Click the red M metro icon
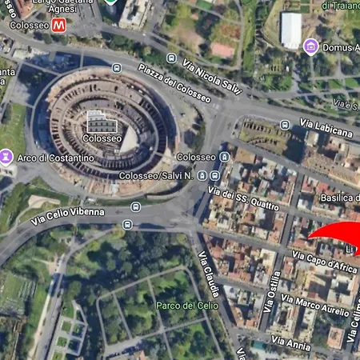coord(58,26)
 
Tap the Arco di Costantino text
coord(55,158)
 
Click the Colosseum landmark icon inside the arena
coord(101,122)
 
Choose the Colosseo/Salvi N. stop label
coord(157,175)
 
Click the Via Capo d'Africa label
coord(324,262)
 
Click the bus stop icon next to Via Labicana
coord(286,124)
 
